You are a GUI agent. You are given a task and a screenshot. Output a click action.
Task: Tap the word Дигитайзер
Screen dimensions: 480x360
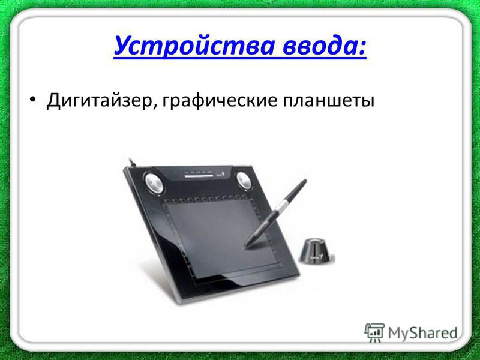click(x=100, y=100)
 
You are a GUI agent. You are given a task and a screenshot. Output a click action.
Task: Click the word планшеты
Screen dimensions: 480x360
click(x=328, y=101)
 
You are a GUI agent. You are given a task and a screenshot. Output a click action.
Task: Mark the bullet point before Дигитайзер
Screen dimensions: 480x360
click(x=33, y=100)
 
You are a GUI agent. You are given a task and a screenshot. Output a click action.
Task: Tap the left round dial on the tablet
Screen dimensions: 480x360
click(x=154, y=183)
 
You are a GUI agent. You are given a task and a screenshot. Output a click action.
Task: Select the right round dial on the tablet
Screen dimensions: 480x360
click(x=244, y=181)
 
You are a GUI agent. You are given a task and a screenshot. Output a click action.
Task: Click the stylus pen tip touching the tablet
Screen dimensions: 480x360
click(x=245, y=245)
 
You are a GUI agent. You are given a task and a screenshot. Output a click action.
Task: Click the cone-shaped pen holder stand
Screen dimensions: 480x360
click(x=316, y=251)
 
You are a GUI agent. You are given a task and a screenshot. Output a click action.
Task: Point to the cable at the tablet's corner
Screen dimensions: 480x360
click(x=133, y=163)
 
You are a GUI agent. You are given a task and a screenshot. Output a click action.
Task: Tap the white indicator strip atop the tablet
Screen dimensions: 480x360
click(x=199, y=176)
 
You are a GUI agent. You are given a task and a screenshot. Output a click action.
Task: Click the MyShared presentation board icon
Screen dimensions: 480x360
click(x=374, y=332)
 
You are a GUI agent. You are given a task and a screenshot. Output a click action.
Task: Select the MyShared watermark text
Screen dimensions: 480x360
click(x=423, y=333)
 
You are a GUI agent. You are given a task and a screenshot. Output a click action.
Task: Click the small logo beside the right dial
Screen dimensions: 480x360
click(x=227, y=175)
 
